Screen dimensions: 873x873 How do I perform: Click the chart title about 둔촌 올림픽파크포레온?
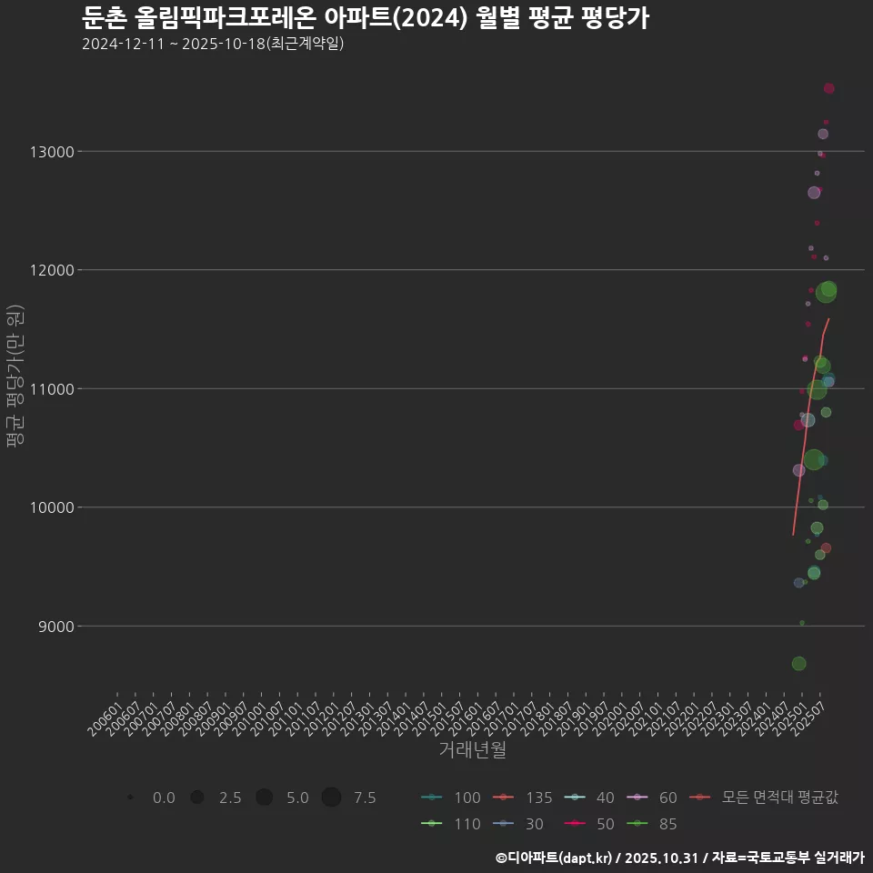pos(365,17)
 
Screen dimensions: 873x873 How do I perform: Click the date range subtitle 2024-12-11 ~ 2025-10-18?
pos(212,44)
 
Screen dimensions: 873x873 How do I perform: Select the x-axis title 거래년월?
pos(472,750)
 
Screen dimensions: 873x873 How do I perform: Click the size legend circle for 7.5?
pos(331,798)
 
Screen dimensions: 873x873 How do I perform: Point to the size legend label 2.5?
pos(230,798)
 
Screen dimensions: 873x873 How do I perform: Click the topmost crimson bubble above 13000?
pos(829,88)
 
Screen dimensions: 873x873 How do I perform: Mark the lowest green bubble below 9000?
pos(798,664)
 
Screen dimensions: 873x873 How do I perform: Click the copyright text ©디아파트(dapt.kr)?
pos(555,857)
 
